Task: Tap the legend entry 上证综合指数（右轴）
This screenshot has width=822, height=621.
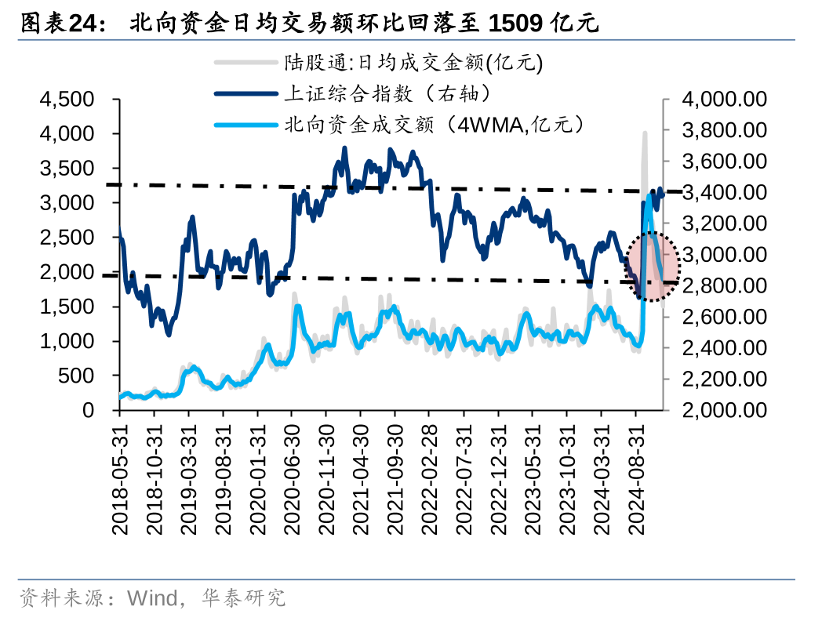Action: [x=387, y=94]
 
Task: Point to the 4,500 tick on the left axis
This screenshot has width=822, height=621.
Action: [x=66, y=100]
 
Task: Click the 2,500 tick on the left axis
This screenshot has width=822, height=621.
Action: [x=66, y=238]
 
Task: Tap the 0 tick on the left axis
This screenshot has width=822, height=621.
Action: [x=88, y=410]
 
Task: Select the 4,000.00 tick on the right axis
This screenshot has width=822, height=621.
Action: [x=723, y=100]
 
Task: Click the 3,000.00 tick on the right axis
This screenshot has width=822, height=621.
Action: [x=723, y=255]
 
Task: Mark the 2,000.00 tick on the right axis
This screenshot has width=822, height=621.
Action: [x=723, y=410]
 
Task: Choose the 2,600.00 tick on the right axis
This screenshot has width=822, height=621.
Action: [x=723, y=317]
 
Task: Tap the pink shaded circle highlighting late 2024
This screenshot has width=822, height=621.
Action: [x=653, y=267]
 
